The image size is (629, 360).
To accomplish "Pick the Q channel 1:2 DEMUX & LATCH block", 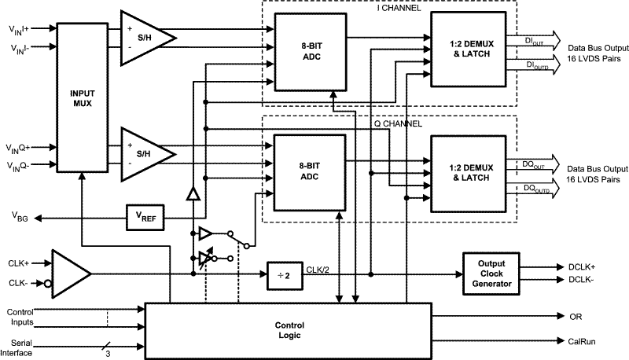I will (469, 171).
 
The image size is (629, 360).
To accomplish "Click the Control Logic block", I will (289, 329).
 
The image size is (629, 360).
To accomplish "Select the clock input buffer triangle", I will (70, 274).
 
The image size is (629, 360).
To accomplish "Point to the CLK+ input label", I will (20, 263).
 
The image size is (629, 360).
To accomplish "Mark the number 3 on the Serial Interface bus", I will (106, 352).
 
